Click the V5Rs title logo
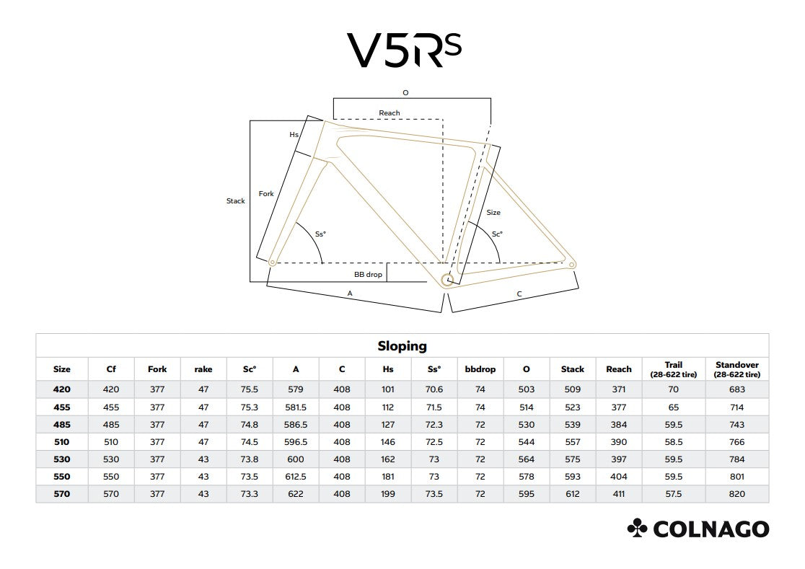click(404, 50)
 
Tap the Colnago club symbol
click(637, 528)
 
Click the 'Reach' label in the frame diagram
click(389, 113)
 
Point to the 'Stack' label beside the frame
click(236, 201)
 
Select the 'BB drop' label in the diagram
click(368, 275)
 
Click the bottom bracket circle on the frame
click(447, 280)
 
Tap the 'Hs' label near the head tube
click(294, 134)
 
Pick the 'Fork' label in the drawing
click(266, 193)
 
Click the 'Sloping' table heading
click(402, 346)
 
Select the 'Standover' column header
click(736, 365)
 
